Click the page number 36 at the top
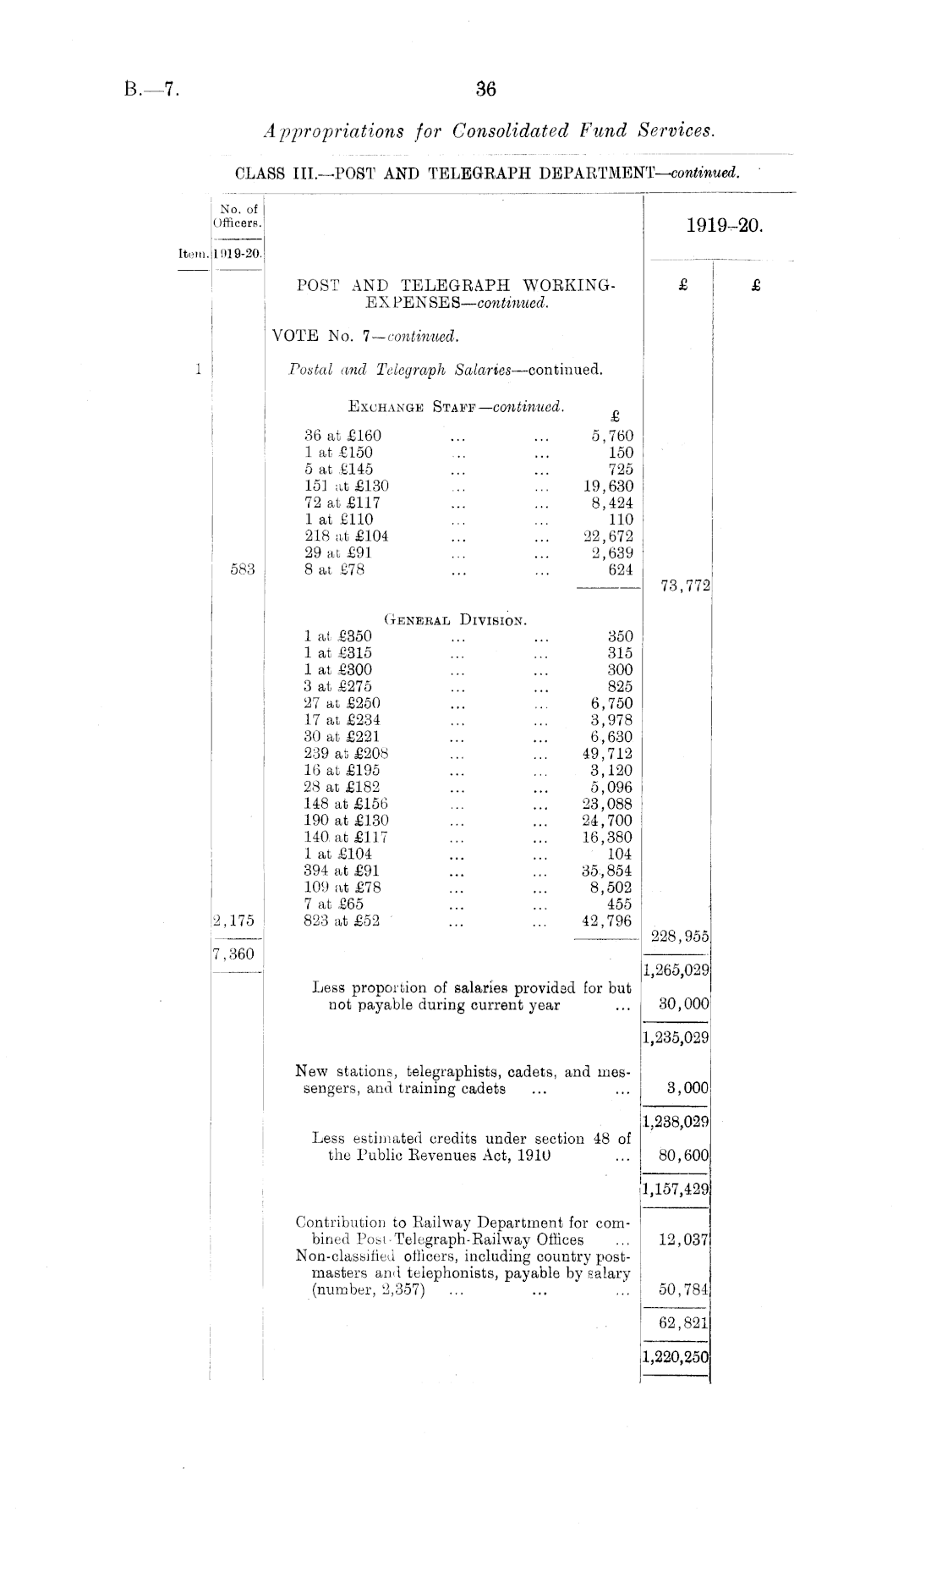485,89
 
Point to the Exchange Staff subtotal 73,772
682,585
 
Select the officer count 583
243,569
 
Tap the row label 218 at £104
347,536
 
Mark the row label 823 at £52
342,921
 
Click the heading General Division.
457,620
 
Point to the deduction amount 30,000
683,1004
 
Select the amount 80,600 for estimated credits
683,1155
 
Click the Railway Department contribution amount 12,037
683,1239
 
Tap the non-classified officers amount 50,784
683,1289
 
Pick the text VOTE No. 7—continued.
364,336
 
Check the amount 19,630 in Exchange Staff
608,486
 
